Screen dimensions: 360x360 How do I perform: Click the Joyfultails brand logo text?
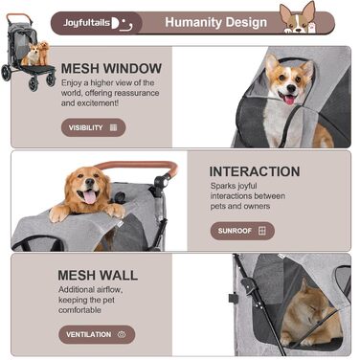[x=86, y=23]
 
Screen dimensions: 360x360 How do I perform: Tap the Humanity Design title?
[x=216, y=22]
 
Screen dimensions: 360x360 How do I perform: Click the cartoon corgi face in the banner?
[x=298, y=18]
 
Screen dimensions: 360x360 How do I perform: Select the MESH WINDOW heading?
[x=111, y=69]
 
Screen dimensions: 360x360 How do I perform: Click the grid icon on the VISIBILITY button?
[x=113, y=127]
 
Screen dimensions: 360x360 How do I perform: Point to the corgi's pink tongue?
[x=289, y=100]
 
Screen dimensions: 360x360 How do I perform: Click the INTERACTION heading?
[x=255, y=171]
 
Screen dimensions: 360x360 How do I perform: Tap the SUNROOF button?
[x=242, y=231]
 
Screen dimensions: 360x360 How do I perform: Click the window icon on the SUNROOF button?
[x=261, y=231]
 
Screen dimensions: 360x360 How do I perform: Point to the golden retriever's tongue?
[x=90, y=196]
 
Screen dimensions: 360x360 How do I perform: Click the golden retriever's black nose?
[x=90, y=182]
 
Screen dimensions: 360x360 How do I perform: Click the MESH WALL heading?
[x=98, y=276]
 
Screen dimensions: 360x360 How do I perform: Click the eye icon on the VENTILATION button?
[x=122, y=334]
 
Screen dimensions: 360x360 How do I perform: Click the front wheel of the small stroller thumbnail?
[x=34, y=83]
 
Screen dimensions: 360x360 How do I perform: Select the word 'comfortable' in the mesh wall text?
[x=79, y=310]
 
